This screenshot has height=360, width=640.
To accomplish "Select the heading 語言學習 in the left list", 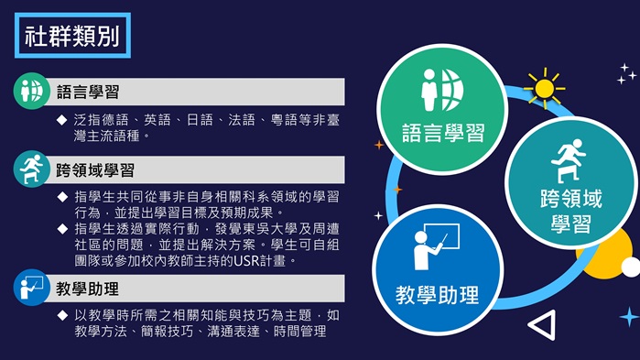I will pyautogui.click(x=88, y=92).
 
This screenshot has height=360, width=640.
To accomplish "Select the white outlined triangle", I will pyautogui.click(x=543, y=324).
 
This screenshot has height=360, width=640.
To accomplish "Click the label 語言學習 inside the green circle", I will pyautogui.click(x=443, y=135).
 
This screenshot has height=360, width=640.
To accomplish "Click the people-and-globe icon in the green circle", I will pyautogui.click(x=442, y=89).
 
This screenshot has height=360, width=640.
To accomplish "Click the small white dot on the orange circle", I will pyautogui.click(x=630, y=267).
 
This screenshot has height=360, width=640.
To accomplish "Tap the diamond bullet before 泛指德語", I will pyautogui.click(x=62, y=119).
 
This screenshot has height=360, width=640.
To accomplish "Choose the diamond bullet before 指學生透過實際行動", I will pyautogui.click(x=62, y=228).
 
